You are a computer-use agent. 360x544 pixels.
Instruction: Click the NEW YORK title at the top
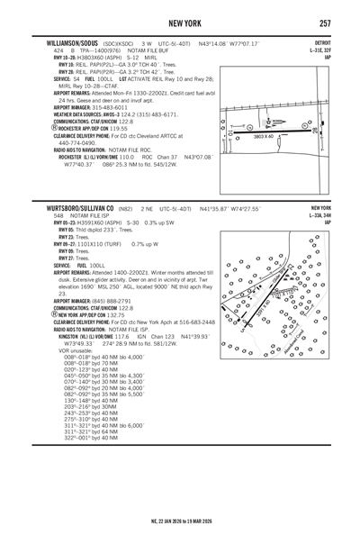coord(181,22)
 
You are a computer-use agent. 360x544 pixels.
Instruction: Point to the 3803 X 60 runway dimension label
coord(269,135)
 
